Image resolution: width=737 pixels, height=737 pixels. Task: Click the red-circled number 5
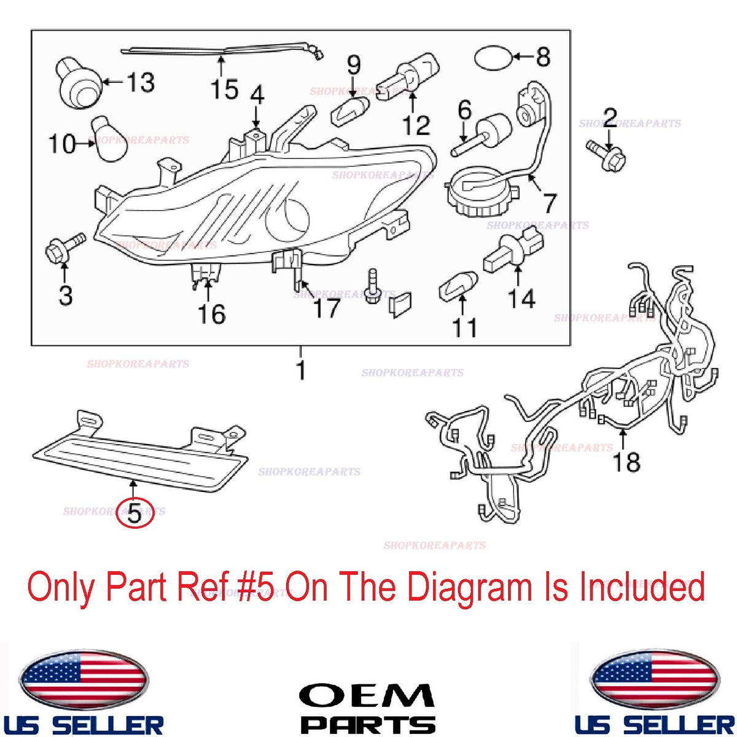135,514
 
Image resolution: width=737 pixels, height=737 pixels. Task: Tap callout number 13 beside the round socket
141,82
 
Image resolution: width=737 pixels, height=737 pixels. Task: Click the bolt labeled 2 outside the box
606,156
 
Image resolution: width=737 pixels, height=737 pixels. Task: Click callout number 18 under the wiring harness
626,462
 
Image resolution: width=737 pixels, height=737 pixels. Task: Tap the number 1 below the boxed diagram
302,370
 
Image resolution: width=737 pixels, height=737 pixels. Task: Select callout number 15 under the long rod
225,88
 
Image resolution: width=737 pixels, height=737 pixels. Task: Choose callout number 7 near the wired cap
549,203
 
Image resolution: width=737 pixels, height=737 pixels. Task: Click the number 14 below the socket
521,298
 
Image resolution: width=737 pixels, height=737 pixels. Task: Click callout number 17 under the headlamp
326,308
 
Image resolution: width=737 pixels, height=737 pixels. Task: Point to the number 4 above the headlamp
257,95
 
